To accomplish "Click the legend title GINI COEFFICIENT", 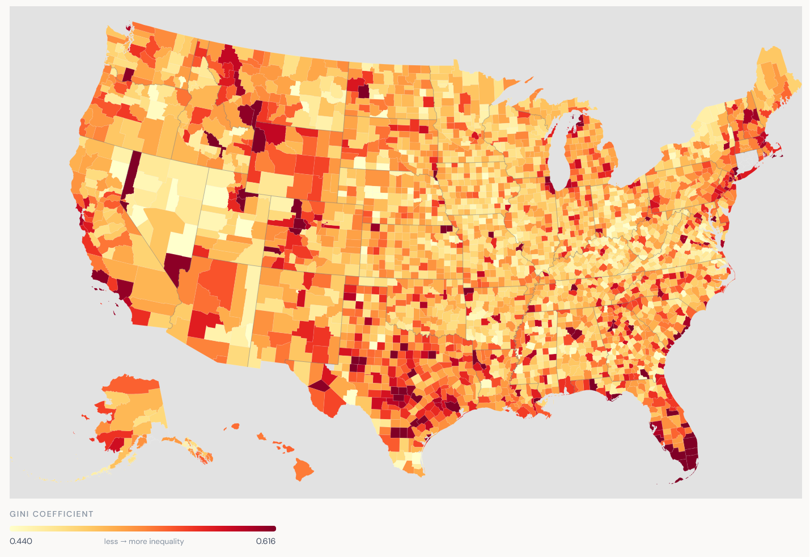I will pyautogui.click(x=52, y=514).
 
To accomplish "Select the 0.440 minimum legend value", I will pyautogui.click(x=21, y=541).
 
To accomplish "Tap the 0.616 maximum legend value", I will pyautogui.click(x=265, y=541).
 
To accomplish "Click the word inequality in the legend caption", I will pyautogui.click(x=164, y=542).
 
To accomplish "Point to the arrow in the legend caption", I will pyautogui.click(x=123, y=542).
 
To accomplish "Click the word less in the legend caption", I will pyautogui.click(x=111, y=542).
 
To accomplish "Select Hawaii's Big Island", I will pyautogui.click(x=303, y=469).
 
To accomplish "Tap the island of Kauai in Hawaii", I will pyautogui.click(x=235, y=426).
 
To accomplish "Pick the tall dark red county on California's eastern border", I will pyautogui.click(x=130, y=174).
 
